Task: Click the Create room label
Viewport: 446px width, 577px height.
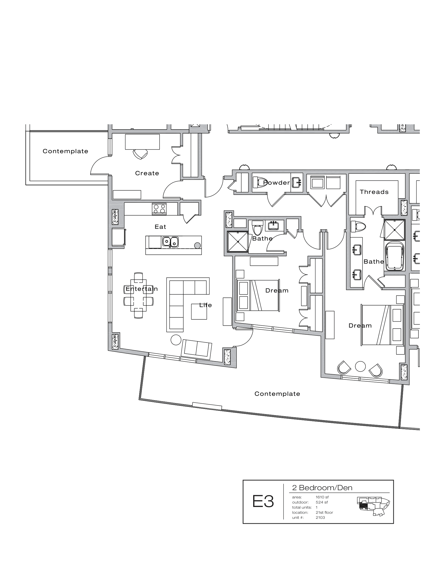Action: point(147,173)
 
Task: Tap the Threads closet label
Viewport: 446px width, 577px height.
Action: point(374,192)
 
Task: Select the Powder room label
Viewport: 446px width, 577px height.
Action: point(276,183)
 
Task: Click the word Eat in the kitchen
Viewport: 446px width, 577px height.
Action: point(160,227)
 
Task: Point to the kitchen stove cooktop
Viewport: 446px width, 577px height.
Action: point(159,209)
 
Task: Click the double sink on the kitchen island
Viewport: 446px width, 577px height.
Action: point(170,242)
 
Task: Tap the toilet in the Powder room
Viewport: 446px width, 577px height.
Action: point(260,182)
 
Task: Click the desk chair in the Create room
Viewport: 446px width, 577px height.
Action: point(140,154)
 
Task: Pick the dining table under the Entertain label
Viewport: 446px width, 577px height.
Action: point(138,295)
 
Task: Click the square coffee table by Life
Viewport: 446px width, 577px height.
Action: point(199,312)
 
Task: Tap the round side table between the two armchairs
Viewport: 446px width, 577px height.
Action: point(360,366)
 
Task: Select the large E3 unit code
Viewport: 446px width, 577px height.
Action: point(263,501)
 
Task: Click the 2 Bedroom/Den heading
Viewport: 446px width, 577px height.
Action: point(322,488)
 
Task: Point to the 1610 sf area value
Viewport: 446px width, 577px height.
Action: point(322,497)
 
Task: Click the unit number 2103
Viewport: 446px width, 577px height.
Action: point(320,517)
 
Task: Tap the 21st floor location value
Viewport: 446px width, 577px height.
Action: point(324,512)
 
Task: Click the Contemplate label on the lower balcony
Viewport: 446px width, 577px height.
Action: point(277,394)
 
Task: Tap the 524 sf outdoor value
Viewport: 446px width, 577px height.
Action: point(322,502)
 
